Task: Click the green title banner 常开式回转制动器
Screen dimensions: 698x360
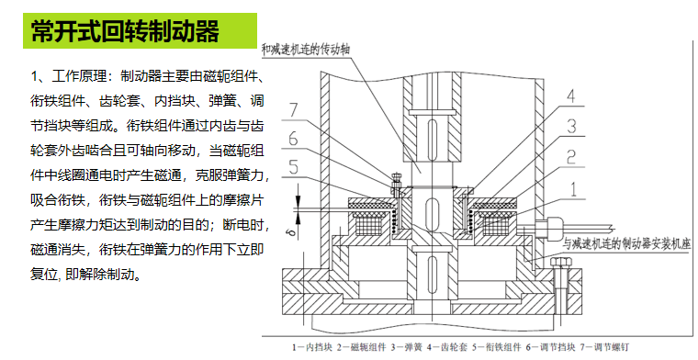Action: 140,30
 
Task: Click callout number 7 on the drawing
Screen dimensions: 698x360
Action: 293,110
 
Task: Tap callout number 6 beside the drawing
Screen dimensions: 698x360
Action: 292,139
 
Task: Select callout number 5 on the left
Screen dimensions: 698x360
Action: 293,167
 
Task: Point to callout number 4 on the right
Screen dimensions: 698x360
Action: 570,97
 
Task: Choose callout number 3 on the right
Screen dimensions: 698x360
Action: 571,127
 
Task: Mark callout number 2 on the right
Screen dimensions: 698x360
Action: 571,157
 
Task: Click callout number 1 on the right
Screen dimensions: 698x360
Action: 573,189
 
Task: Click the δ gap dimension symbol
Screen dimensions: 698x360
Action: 291,232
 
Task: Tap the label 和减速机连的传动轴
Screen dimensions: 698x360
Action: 305,50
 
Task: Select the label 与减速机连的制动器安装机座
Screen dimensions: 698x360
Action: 626,244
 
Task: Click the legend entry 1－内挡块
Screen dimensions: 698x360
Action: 312,347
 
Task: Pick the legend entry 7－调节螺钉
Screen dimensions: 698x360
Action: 604,347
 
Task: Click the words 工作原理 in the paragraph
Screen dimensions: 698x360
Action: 79,76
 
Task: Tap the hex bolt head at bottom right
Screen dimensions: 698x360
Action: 560,262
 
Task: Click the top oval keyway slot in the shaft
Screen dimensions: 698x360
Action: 432,132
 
